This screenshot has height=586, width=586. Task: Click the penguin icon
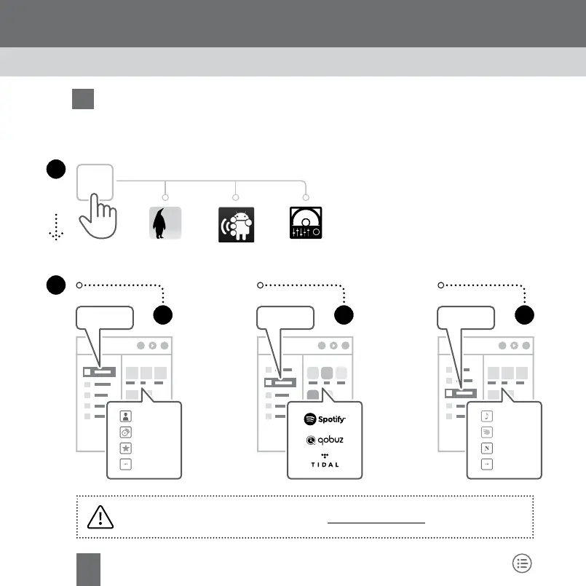coord(165,223)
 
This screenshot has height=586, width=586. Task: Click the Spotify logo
coord(325,419)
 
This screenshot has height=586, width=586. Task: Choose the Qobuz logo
coord(325,440)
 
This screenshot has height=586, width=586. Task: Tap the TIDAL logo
coord(325,462)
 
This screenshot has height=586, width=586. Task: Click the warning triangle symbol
coord(100,517)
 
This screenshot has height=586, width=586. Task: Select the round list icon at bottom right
coord(522,562)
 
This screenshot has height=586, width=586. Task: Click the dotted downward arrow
coord(53,231)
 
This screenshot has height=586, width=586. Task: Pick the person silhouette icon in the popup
coord(126,417)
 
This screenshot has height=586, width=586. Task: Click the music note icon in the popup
coord(486,417)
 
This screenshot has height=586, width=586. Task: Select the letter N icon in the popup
coord(486,447)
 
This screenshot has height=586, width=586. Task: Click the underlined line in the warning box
coord(376,522)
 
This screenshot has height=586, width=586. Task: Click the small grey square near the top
coord(83,99)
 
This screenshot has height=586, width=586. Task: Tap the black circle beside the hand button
coord(54,169)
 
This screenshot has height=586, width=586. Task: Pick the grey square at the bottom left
coord(89,568)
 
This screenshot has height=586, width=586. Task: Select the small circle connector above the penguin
coord(165,197)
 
